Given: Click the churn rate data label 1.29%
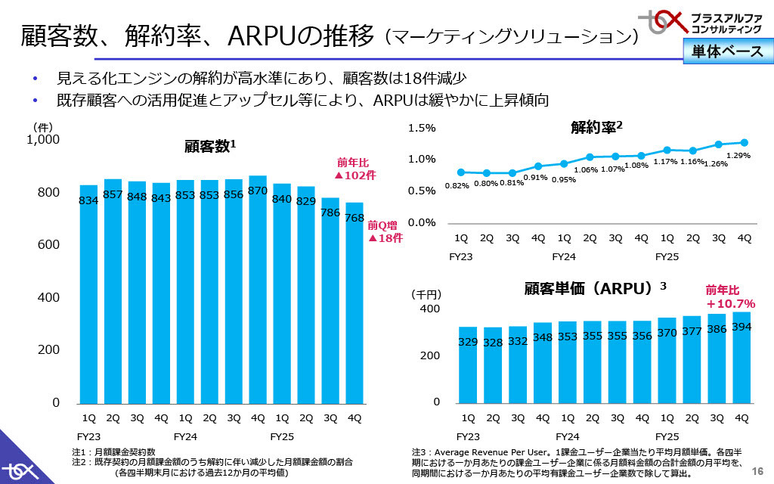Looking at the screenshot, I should (742, 155).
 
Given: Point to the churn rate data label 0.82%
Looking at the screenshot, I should (457, 185).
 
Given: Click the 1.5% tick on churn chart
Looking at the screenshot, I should (422, 129).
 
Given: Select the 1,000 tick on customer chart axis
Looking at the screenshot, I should (43, 140).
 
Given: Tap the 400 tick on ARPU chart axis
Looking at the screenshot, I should (429, 309).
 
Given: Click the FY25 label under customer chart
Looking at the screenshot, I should (282, 437).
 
